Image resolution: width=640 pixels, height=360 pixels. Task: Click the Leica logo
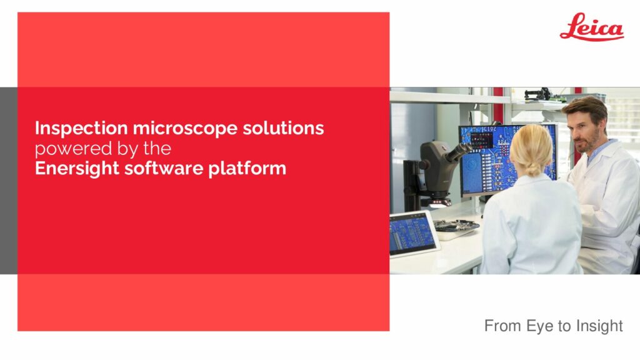point(592,27)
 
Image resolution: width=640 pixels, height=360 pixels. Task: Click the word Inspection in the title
point(81,129)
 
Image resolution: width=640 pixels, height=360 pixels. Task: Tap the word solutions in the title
point(283,127)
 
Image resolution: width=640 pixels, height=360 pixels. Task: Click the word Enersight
point(77,169)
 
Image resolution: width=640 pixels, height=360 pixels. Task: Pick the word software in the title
point(164,168)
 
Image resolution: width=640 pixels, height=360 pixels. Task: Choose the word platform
point(247,169)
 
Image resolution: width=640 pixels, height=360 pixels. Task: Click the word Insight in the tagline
point(599,326)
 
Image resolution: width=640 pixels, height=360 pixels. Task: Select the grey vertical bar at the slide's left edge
point(9,181)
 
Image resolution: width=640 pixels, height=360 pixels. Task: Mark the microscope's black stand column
point(410,184)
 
